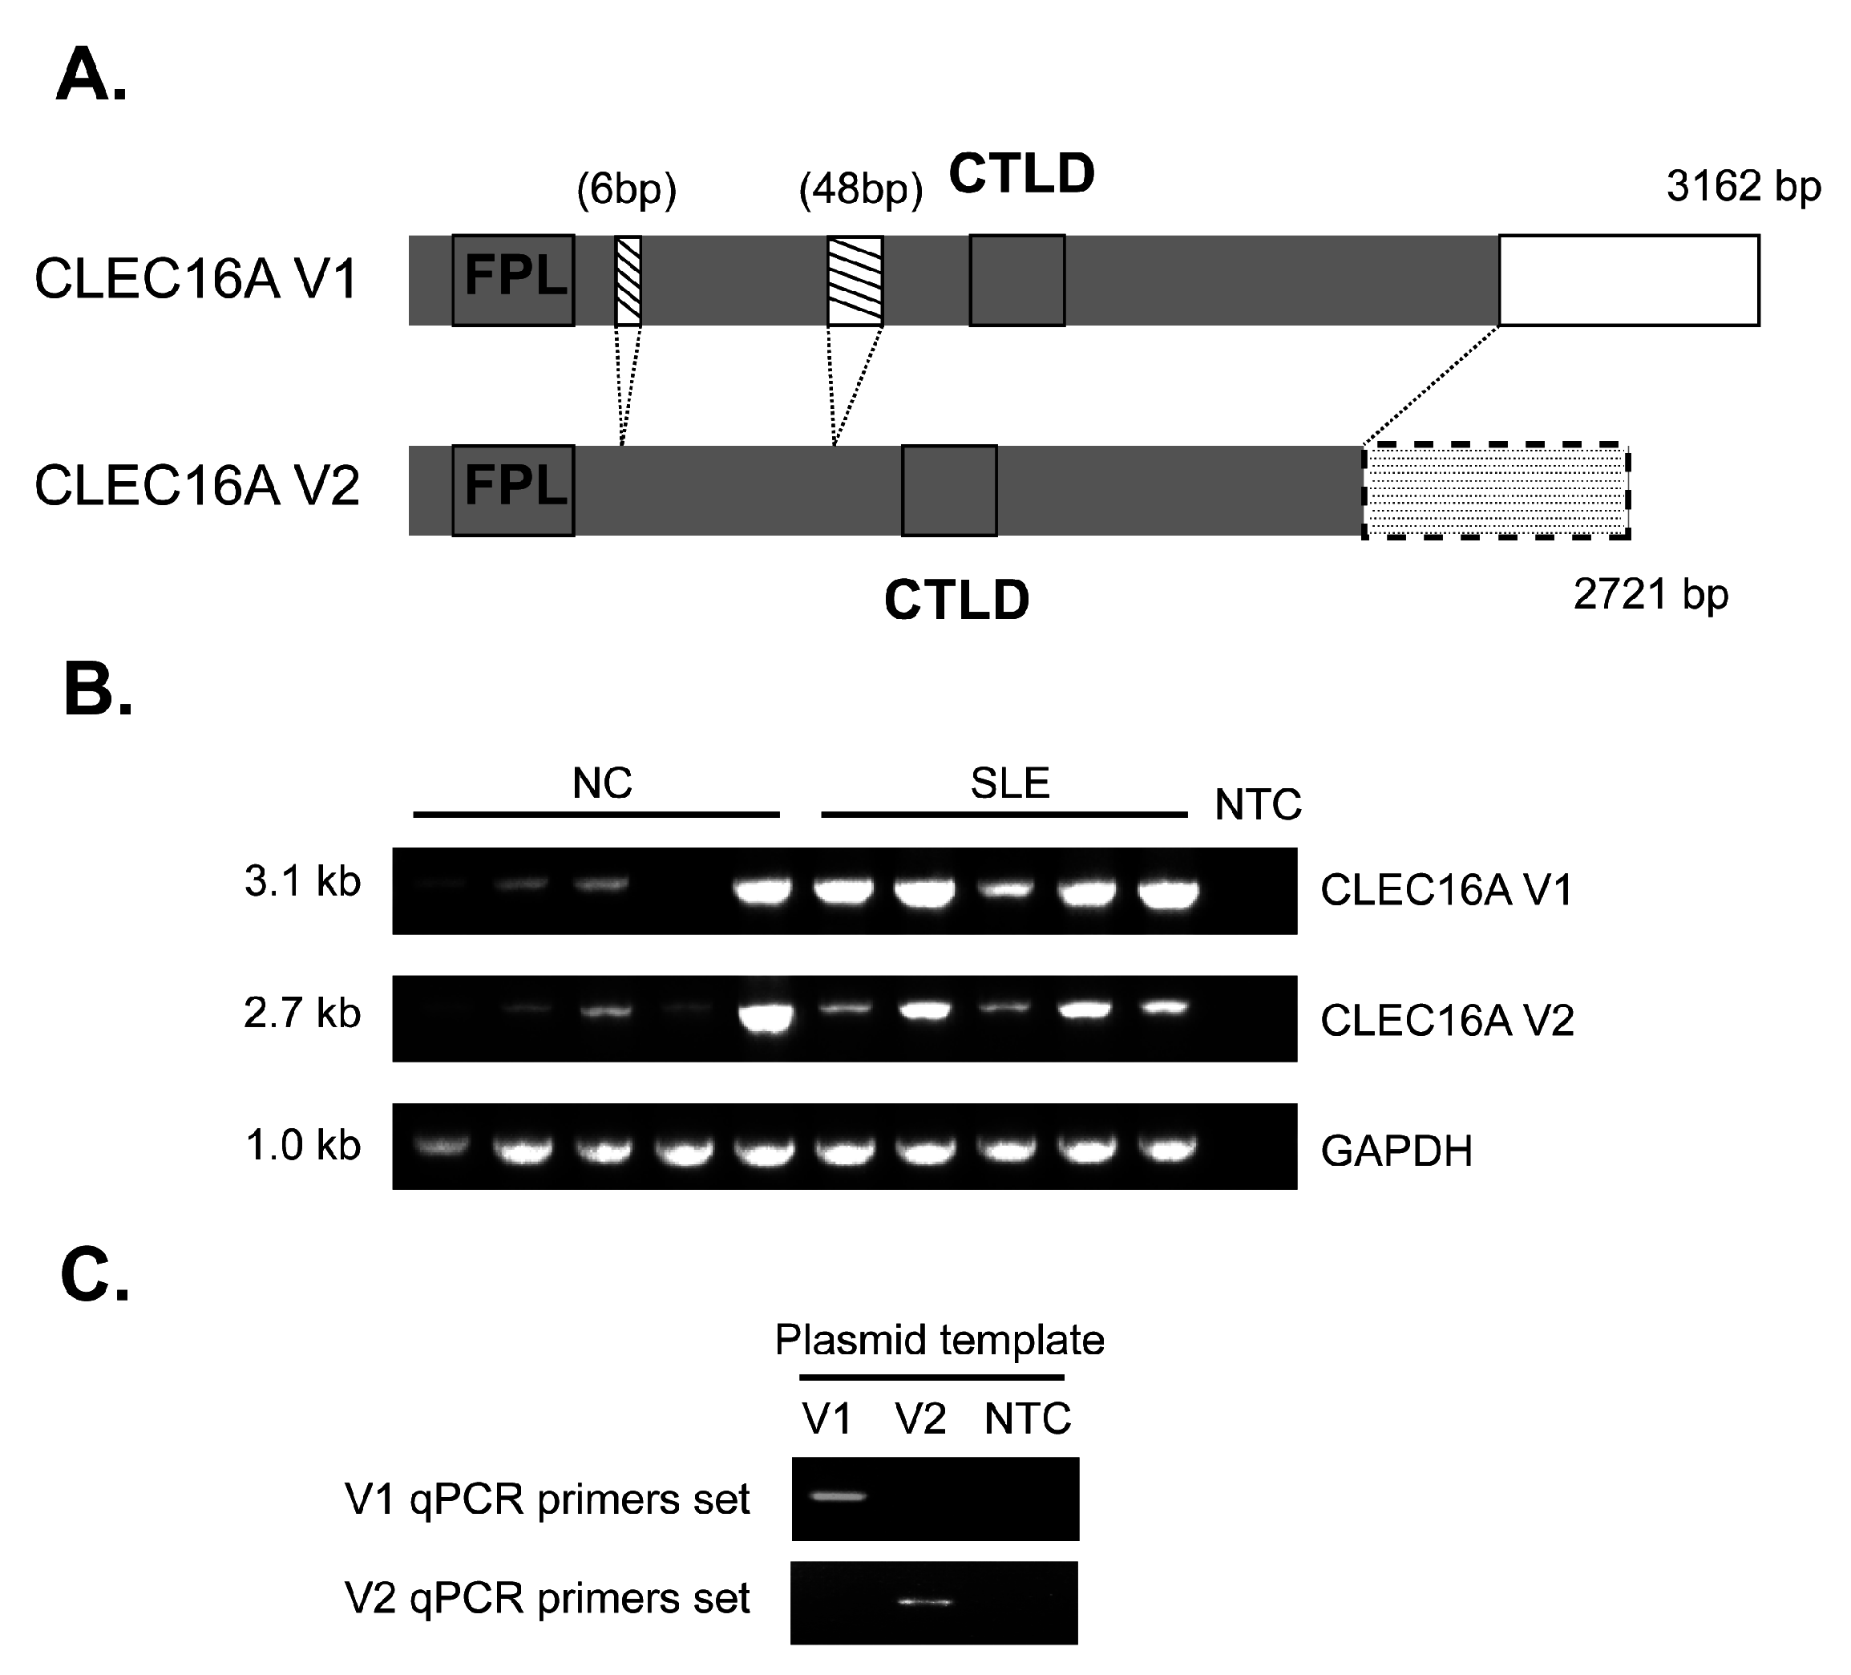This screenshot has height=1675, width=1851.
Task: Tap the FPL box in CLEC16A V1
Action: click(513, 280)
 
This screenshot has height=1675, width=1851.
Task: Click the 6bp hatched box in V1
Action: click(628, 280)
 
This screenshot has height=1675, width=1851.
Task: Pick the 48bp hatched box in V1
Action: click(855, 280)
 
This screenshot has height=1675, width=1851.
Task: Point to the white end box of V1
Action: click(1629, 280)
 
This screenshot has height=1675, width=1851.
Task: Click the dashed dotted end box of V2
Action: click(1496, 491)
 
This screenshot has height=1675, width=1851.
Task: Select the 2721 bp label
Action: click(1650, 594)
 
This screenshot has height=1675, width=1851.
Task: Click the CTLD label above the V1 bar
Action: click(1021, 172)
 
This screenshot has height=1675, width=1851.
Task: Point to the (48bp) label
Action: click(860, 190)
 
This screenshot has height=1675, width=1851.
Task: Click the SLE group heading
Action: click(1009, 783)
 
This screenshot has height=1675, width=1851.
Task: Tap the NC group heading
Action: click(602, 783)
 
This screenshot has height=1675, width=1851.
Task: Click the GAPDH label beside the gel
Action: click(1396, 1151)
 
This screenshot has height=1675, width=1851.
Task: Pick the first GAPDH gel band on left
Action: click(442, 1146)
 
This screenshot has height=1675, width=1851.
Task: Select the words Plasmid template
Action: click(939, 1340)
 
